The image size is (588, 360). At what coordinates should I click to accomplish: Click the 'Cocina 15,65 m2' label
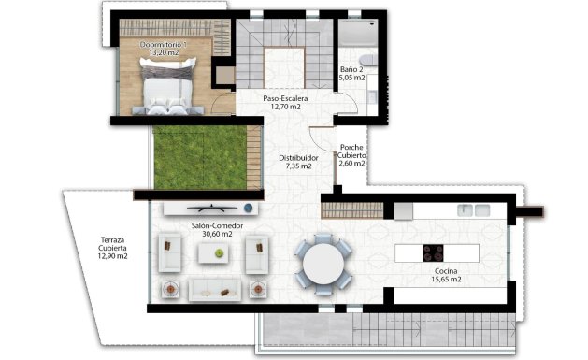pos(438,273)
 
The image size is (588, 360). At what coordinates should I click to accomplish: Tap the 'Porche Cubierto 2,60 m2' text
pos(351,155)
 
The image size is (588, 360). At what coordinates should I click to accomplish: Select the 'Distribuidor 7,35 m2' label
pos(298,163)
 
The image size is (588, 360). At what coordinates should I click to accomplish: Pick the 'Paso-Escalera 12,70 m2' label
pos(285,102)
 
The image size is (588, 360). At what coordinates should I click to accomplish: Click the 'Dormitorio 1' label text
pos(165,45)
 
